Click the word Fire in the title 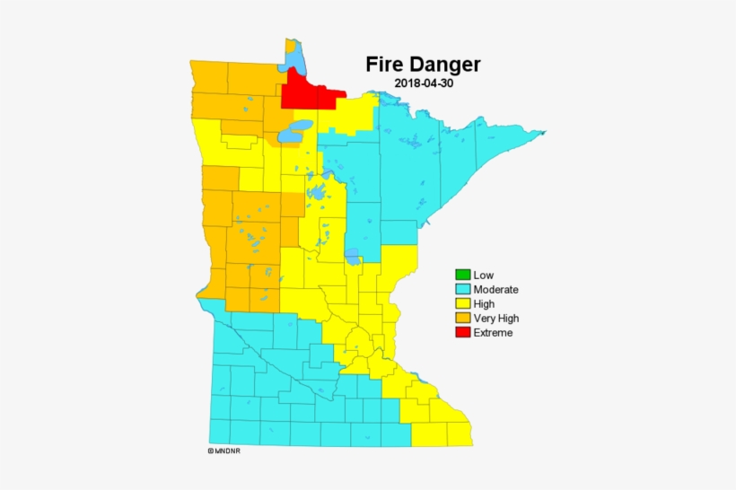click(383, 65)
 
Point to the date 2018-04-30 click(423, 83)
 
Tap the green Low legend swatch click(462, 275)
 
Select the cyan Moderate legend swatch click(462, 289)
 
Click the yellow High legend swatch click(462, 303)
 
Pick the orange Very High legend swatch click(462, 318)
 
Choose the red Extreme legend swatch click(462, 332)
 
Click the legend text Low click(484, 275)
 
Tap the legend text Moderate click(495, 289)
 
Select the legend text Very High click(495, 318)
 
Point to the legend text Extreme click(493, 333)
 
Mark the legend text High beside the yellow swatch click(484, 303)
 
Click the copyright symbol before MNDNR click(210, 451)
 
